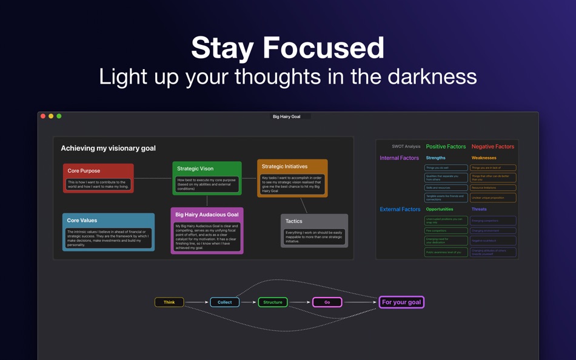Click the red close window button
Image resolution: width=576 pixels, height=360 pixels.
pos(43,116)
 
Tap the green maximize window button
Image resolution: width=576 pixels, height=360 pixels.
pos(59,116)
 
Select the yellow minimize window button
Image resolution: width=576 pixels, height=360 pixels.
pos(51,116)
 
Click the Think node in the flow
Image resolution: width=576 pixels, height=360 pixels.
pos(169,302)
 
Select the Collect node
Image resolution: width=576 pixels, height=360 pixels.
pos(224,302)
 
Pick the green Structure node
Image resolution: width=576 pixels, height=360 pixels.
pos(273,302)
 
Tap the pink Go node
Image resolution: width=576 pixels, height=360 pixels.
pos(327,302)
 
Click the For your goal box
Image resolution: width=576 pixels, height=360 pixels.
pos(401,302)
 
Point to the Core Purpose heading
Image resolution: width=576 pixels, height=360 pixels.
pos(84,171)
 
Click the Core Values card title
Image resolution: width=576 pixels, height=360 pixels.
pos(82,221)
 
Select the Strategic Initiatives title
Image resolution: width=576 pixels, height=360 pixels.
pos(284,166)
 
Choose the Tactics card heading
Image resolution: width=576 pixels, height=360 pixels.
pos(294,221)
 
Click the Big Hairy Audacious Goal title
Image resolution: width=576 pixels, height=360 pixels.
pos(207,215)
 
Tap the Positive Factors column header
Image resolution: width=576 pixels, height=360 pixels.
pos(446,147)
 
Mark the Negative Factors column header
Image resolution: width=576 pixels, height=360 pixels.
pos(492,147)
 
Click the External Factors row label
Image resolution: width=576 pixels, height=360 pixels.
pos(400,209)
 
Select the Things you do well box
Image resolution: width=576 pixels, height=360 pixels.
pos(446,168)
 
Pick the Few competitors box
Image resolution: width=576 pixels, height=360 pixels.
pos(446,230)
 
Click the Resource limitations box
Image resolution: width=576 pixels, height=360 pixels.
pos(493,188)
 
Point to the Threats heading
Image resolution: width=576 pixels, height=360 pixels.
pos(479,209)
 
